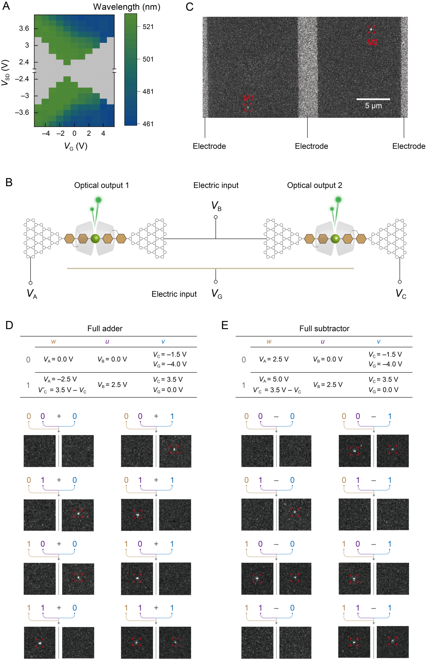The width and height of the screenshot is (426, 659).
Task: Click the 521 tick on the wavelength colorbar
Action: tap(148, 27)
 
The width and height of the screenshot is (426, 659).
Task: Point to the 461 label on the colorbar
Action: tap(148, 124)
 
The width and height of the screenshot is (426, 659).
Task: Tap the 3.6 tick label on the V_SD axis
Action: tap(24, 28)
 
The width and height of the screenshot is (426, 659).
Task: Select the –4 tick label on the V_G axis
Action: tap(46, 134)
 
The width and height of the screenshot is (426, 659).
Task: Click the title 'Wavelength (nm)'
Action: tap(127, 7)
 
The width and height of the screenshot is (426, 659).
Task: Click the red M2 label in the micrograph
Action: tap(372, 42)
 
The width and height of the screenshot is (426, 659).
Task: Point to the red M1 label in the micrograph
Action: tap(249, 98)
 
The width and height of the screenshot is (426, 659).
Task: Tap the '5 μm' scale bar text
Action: tap(373, 106)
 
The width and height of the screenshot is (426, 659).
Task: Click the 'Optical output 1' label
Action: tap(101, 185)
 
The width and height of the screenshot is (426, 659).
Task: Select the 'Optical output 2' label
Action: tap(314, 185)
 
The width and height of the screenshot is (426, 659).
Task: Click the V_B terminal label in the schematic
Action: tap(216, 206)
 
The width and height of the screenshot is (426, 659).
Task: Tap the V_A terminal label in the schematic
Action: tap(32, 293)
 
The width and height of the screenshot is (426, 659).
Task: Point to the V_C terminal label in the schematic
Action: tap(401, 293)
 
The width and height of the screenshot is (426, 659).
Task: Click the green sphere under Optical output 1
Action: tap(95, 239)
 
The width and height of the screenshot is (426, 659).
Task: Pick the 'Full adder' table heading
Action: tap(105, 328)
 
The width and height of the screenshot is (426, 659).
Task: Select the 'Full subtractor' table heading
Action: tap(324, 328)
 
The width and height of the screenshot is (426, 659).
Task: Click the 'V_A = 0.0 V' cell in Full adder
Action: tap(58, 359)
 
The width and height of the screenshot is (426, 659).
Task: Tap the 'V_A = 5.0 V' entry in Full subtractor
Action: tap(274, 379)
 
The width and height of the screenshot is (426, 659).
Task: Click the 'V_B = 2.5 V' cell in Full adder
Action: tap(112, 385)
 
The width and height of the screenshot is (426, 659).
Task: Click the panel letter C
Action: tap(190, 7)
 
